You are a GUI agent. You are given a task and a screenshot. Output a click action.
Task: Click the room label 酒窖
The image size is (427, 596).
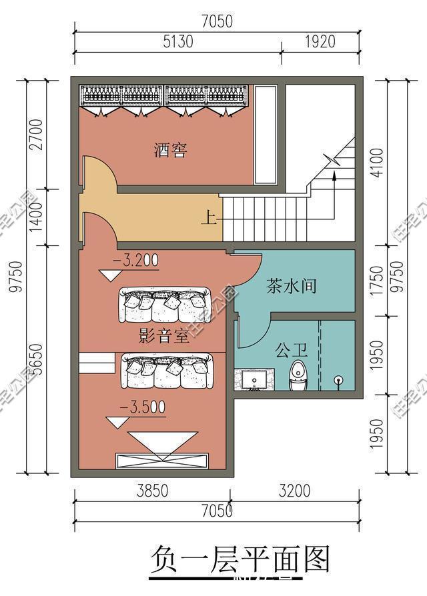coord(169,150)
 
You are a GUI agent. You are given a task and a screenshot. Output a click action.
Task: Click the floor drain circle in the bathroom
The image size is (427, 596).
coord(338,381)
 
